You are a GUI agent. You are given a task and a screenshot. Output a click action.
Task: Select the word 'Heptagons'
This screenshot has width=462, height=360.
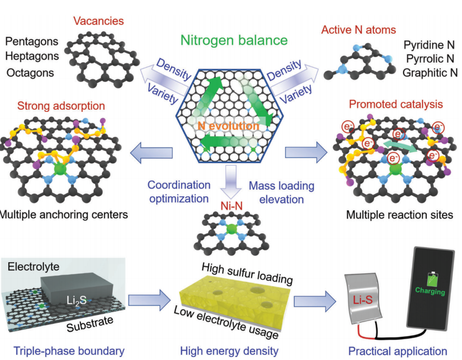point(32,56)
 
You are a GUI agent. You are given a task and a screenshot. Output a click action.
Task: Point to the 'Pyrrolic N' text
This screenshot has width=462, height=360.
point(429,58)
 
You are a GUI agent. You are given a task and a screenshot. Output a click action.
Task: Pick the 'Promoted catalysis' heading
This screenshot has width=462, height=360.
point(395,105)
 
